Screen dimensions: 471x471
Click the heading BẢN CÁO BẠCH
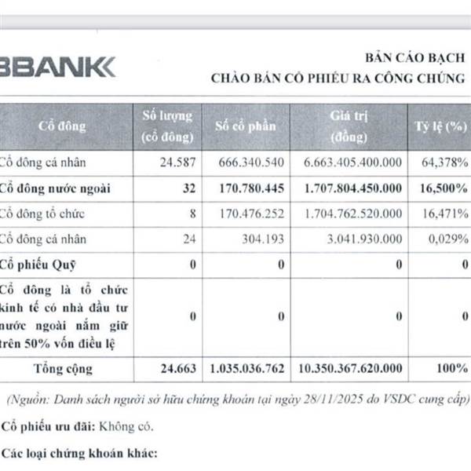tap(414, 59)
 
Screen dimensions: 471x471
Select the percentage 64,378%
tap(443, 162)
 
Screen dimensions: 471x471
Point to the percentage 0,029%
tap(447, 239)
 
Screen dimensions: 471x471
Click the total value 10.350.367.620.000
tap(351, 367)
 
